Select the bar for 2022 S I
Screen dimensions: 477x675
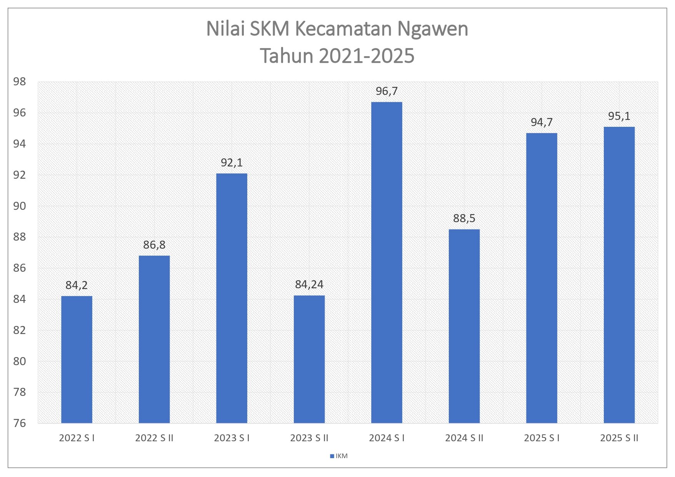(77, 359)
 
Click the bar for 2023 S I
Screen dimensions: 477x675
(232, 298)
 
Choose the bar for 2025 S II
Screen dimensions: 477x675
(619, 275)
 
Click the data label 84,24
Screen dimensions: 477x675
(309, 284)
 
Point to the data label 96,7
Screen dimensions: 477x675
(387, 91)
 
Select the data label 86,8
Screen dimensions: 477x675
(154, 245)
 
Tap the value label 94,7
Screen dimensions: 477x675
(542, 122)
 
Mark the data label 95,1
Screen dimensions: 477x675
(619, 116)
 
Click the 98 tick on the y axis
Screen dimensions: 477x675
(19, 81)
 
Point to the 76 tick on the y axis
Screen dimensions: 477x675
(19, 423)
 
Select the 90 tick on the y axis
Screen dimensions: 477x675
(19, 206)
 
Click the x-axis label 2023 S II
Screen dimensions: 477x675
(309, 438)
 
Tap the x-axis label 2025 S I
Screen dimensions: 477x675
(542, 438)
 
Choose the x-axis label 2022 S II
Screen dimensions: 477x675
(154, 438)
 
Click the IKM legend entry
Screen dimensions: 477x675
(339, 456)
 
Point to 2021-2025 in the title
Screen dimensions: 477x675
(367, 56)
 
